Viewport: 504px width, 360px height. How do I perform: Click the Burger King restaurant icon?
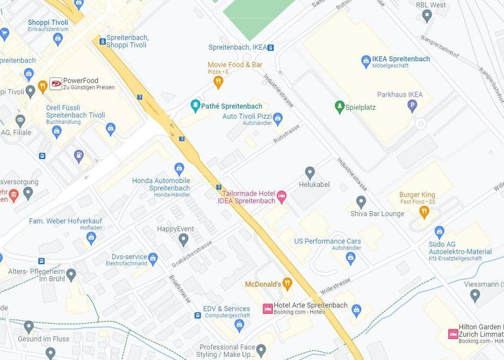click(425, 211)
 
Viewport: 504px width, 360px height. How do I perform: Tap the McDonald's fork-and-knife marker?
click(287, 283)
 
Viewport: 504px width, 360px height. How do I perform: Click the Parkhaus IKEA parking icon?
click(412, 106)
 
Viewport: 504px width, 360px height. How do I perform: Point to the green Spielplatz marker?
click(339, 106)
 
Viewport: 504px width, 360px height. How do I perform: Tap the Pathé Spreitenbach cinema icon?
click(195, 106)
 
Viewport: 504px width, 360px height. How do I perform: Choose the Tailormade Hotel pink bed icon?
click(281, 196)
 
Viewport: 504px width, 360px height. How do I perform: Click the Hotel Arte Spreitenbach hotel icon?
click(268, 308)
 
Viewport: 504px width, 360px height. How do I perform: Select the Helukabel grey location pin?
click(310, 173)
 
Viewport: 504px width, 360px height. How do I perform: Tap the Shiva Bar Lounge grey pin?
click(361, 202)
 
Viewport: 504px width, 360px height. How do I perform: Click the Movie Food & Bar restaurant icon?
click(218, 81)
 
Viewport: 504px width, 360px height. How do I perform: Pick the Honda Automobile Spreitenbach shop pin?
click(179, 169)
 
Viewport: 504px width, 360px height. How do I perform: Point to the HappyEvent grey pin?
click(184, 240)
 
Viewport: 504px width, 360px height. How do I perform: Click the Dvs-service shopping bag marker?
click(152, 259)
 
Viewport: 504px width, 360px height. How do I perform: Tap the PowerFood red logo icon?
click(55, 83)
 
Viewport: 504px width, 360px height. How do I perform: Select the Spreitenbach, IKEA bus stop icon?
click(271, 47)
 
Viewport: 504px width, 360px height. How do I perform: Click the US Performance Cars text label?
click(328, 241)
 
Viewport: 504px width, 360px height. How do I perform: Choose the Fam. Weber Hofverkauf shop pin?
click(91, 238)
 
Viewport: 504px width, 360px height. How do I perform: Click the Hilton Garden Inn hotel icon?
click(453, 334)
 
